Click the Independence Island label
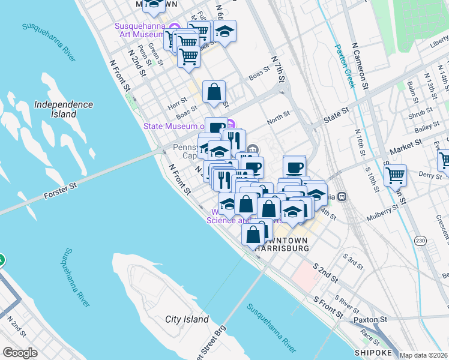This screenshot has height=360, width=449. (x=64, y=109)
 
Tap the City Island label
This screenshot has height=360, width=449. (x=187, y=319)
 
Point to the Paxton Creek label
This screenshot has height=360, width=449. (x=345, y=65)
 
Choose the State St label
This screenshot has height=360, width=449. (x=337, y=112)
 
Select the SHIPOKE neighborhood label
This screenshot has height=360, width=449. (x=373, y=352)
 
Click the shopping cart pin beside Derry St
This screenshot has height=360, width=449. (x=395, y=175)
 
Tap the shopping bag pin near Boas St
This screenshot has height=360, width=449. (x=214, y=92)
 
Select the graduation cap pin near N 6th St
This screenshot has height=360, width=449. (x=224, y=32)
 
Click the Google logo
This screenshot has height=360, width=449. (x=20, y=353)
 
